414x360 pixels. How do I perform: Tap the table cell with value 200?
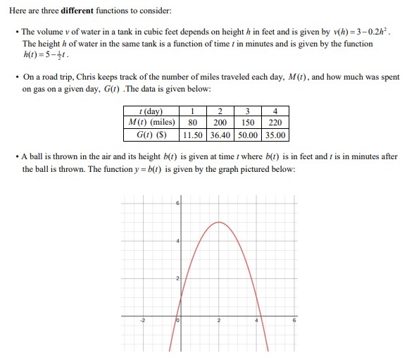point(220,123)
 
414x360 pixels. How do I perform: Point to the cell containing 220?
point(275,123)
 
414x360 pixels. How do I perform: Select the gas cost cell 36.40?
point(220,135)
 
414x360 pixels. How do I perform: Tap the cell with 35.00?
point(275,135)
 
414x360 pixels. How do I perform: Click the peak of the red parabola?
point(218,223)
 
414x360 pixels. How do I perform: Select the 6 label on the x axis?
point(295,321)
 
